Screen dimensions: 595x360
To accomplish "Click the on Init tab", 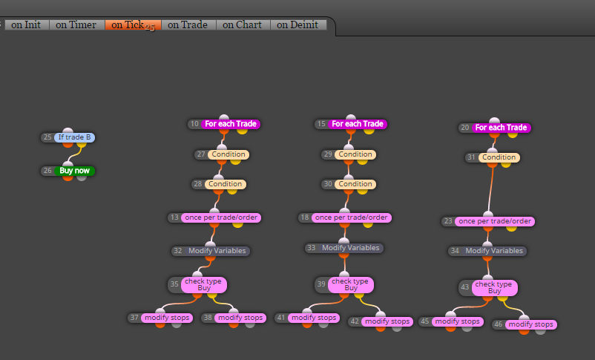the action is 26,24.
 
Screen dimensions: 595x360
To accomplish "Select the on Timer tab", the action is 76,24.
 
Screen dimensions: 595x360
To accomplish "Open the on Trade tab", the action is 188,24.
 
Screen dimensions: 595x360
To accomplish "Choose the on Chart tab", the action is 243,24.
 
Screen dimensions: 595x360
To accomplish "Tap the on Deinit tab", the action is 298,24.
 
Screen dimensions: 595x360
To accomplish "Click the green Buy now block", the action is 74,171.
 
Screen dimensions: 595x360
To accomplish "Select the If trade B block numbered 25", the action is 74,137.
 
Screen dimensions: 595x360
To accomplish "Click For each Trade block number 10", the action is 230,124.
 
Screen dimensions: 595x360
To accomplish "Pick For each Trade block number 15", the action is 357,124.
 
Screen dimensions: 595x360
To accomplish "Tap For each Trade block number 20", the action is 501,128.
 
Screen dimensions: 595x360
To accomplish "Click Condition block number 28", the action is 225,184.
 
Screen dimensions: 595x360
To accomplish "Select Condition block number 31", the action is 499,157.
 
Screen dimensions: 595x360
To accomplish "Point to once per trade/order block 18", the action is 352,217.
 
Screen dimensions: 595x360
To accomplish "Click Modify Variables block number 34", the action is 494,251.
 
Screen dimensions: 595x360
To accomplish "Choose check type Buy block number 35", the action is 204,285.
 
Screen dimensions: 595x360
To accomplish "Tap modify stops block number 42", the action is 387,321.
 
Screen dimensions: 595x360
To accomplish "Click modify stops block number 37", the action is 167,318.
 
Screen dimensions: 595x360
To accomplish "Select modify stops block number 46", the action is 531,324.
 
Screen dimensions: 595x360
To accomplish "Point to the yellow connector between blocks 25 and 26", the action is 74,154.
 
